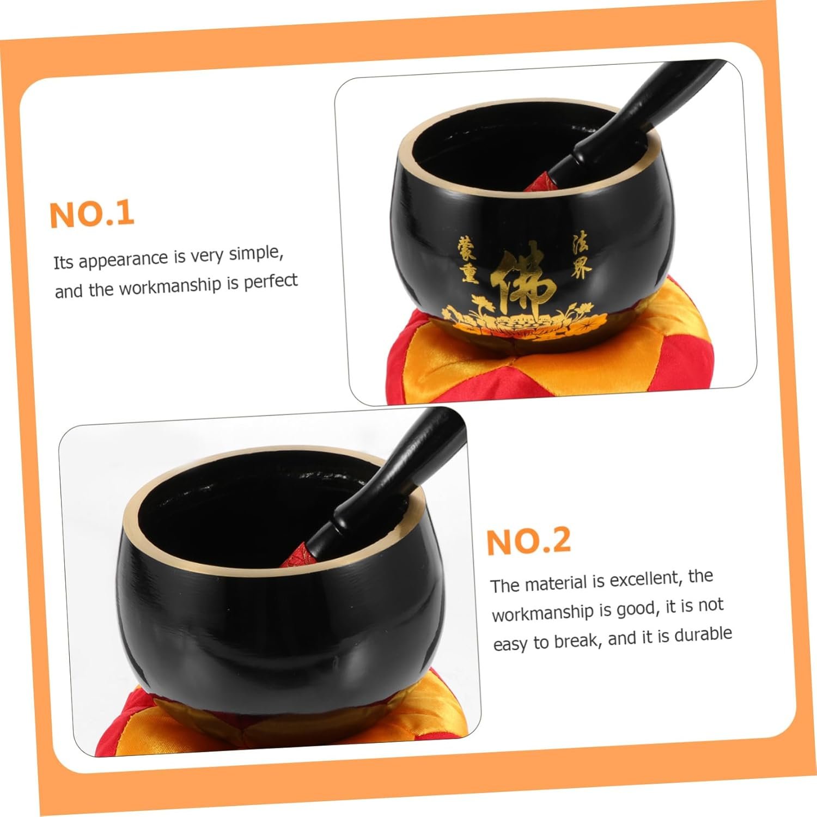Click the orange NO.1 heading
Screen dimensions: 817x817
[92, 214]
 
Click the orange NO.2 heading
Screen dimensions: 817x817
[528, 541]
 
